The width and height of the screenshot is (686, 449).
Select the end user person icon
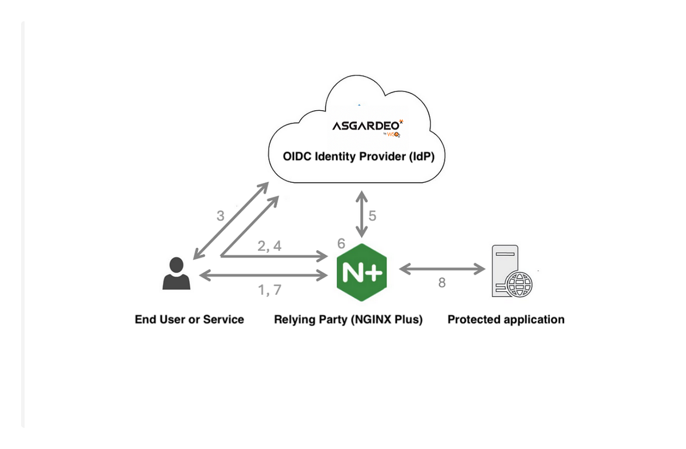176,274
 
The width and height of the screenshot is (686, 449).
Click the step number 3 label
221,216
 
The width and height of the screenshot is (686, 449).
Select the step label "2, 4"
269,246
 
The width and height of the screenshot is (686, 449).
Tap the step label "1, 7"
269,290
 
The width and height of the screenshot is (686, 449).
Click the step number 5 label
372,216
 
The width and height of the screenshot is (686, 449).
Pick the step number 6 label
341,244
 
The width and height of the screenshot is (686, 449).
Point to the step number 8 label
441,282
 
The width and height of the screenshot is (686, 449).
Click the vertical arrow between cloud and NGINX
361,214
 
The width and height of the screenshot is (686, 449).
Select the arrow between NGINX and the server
441,269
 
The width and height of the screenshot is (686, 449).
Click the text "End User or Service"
189,319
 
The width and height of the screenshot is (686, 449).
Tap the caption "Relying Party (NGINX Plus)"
348,319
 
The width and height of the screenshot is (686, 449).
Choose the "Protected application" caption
506,319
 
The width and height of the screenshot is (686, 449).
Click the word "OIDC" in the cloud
297,157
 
